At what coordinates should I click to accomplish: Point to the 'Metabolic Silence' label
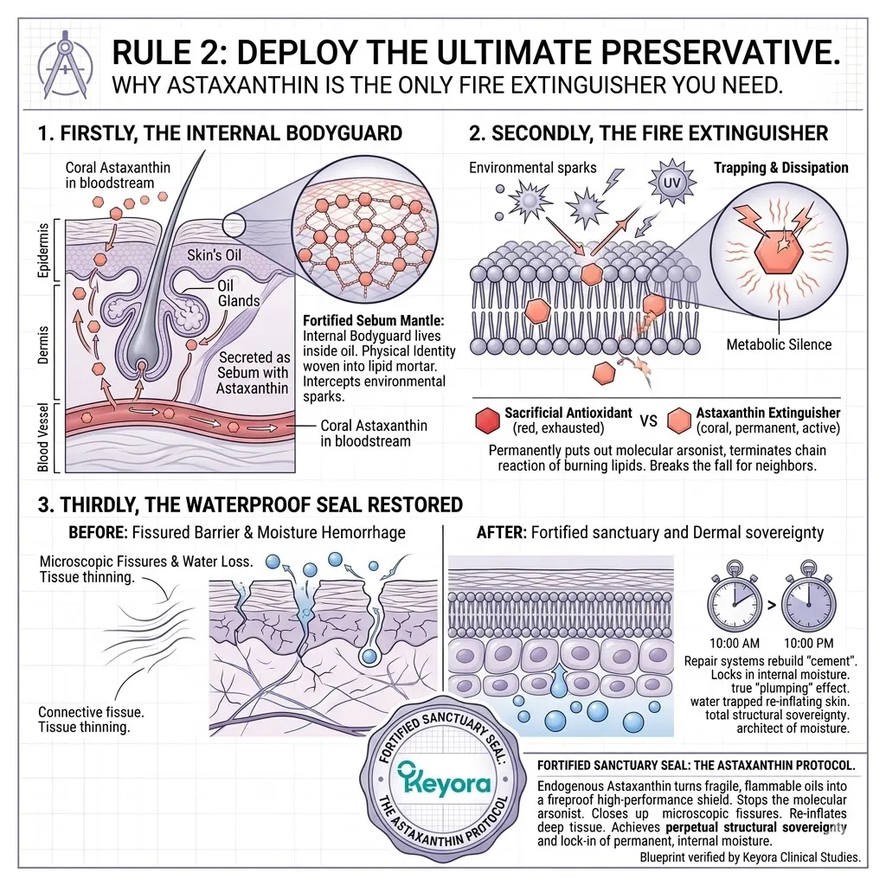[780, 344]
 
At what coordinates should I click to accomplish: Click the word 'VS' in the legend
[650, 421]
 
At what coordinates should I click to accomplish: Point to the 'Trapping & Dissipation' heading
[780, 167]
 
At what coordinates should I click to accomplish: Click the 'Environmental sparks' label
[532, 167]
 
